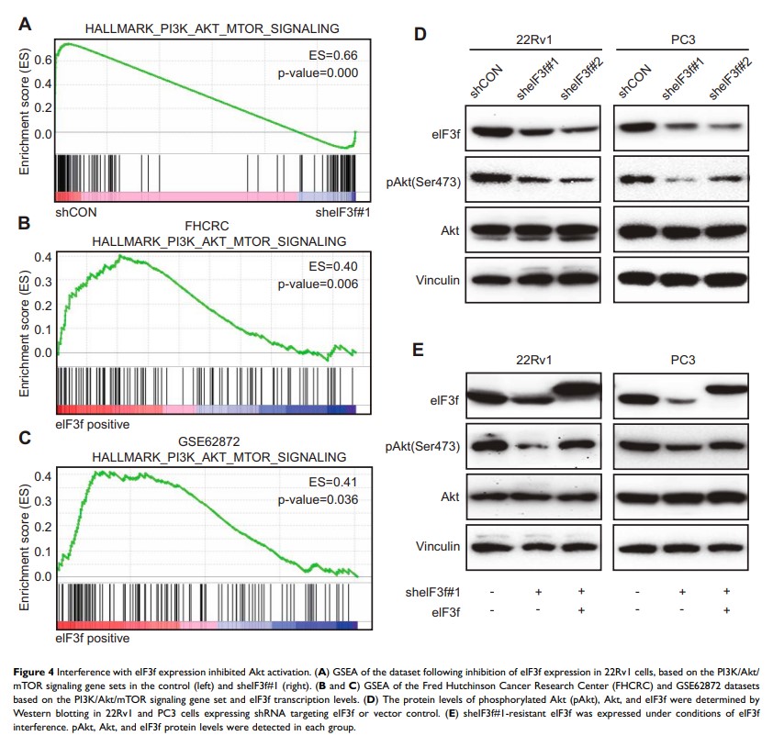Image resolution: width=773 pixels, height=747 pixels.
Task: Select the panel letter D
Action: [x=420, y=35]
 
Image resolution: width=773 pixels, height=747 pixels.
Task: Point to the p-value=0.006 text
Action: [x=317, y=284]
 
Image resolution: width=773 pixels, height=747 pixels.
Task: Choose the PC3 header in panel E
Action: [x=680, y=360]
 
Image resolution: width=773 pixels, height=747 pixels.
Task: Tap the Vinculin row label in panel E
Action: [x=438, y=547]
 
